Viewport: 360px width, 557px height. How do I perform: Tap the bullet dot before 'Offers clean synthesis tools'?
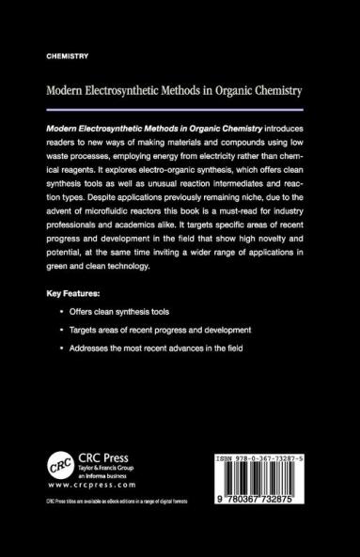click(x=61, y=312)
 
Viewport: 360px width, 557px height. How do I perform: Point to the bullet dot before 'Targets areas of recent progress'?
click(x=61, y=331)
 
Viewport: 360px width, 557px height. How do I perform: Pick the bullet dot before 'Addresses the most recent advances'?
click(x=61, y=349)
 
